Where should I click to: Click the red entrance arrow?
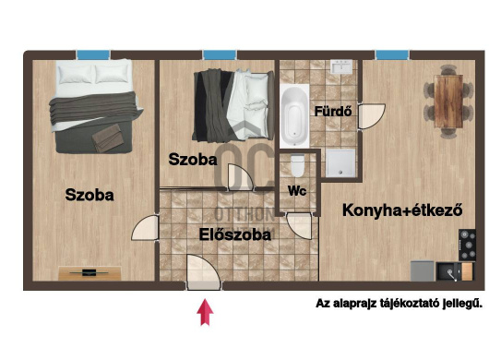(205, 312)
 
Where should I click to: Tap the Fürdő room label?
(333, 112)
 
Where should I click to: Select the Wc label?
(297, 191)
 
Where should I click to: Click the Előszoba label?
(235, 234)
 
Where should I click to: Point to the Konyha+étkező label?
(402, 210)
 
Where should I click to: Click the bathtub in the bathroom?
(294, 115)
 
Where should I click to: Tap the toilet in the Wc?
(297, 165)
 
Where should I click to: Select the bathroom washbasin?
(341, 66)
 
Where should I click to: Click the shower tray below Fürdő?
(340, 162)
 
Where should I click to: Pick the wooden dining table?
(448, 102)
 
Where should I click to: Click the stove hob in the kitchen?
(467, 245)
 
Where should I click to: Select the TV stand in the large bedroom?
(89, 273)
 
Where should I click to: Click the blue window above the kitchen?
(392, 54)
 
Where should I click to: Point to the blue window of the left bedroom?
(93, 54)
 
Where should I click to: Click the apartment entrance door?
(204, 271)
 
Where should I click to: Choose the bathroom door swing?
(371, 116)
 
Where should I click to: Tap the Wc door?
(299, 226)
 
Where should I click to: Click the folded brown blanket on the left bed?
(108, 138)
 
